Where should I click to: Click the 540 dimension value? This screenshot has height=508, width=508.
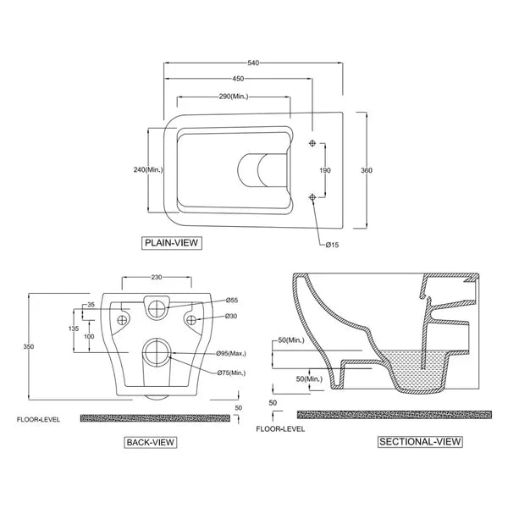tap(253, 63)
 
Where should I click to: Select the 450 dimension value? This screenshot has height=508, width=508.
tap(238, 79)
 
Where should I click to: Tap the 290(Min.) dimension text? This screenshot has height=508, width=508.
tap(234, 97)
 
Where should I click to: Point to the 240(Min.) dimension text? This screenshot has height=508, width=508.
tap(148, 169)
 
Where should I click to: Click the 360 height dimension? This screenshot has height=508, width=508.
tap(367, 170)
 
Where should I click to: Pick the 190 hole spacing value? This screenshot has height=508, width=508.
tap(325, 170)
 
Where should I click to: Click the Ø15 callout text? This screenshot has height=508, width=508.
tap(332, 245)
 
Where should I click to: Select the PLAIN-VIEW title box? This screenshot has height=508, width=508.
tap(172, 243)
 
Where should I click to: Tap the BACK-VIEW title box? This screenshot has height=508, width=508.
tap(151, 443)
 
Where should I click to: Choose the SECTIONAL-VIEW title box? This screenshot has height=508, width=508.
tap(420, 442)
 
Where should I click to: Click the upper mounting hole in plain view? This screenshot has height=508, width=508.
tap(312, 143)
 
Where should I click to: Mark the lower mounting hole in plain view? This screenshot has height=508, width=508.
tap(312, 197)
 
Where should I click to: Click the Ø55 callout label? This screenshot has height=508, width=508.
tap(232, 301)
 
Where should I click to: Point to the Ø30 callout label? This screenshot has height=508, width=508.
tap(231, 316)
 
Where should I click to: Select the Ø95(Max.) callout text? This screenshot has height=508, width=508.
tap(231, 353)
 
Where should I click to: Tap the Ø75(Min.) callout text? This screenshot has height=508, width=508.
tap(232, 373)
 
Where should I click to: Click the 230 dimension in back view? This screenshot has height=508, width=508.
tap(157, 278)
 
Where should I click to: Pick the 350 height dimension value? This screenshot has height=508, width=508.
tap(29, 346)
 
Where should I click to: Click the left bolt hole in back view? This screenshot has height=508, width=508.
tap(122, 320)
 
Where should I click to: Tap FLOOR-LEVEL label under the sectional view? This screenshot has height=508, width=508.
tap(280, 429)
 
